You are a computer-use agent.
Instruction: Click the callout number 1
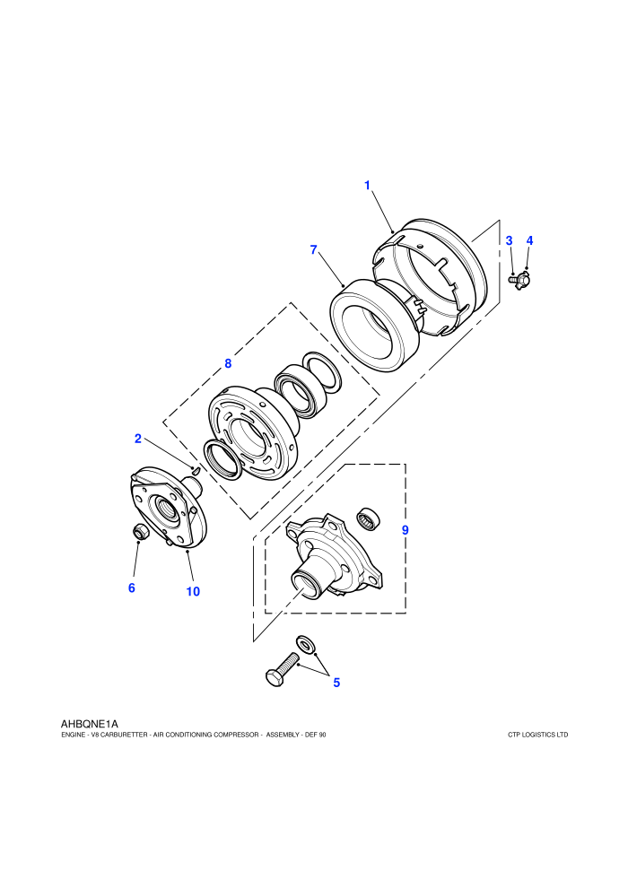367,185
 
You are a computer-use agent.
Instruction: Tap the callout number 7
314,249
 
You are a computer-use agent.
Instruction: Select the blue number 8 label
228,363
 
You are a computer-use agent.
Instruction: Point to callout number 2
137,439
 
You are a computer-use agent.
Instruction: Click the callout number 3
509,240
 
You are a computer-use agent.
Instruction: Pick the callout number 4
529,240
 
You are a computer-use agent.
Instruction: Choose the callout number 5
336,683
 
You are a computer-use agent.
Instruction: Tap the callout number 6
131,588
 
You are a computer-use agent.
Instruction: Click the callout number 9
405,531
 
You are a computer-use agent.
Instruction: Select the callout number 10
193,592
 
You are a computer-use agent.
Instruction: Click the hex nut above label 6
139,532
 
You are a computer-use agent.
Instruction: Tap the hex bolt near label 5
282,669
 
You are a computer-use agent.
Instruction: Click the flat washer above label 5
306,644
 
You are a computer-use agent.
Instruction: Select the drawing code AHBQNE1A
90,724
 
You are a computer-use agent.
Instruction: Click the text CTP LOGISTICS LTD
538,736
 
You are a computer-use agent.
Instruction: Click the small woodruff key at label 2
196,469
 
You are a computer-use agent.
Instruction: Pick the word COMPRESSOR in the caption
236,736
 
